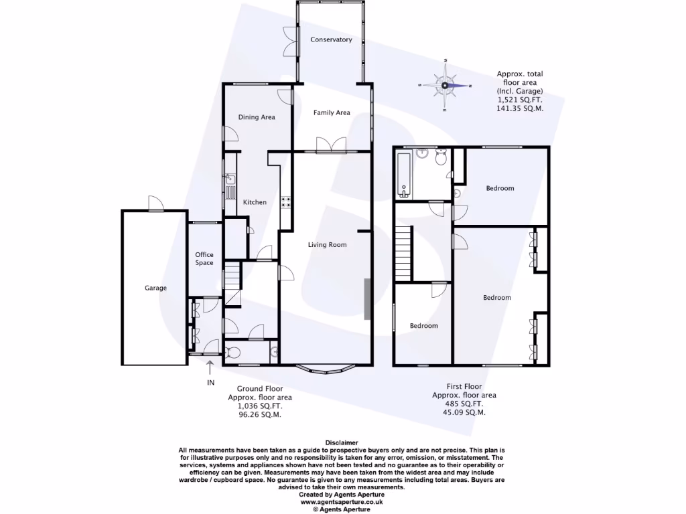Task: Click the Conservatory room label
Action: pos(331,39)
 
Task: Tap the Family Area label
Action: pos(332,112)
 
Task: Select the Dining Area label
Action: pos(257,117)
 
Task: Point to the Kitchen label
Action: pos(255,202)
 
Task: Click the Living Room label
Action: pos(327,245)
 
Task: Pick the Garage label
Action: pos(155,288)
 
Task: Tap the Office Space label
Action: pos(204,258)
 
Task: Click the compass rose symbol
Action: pos(445,86)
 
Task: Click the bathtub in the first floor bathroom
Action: pos(403,175)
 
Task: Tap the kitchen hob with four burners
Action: pos(285,202)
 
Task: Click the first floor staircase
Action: pos(403,253)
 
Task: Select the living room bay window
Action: pos(326,367)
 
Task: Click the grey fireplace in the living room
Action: pos(367,298)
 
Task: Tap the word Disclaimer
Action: pos(342,443)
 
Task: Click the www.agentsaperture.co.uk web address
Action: pos(342,501)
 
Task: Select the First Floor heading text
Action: pos(464,386)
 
